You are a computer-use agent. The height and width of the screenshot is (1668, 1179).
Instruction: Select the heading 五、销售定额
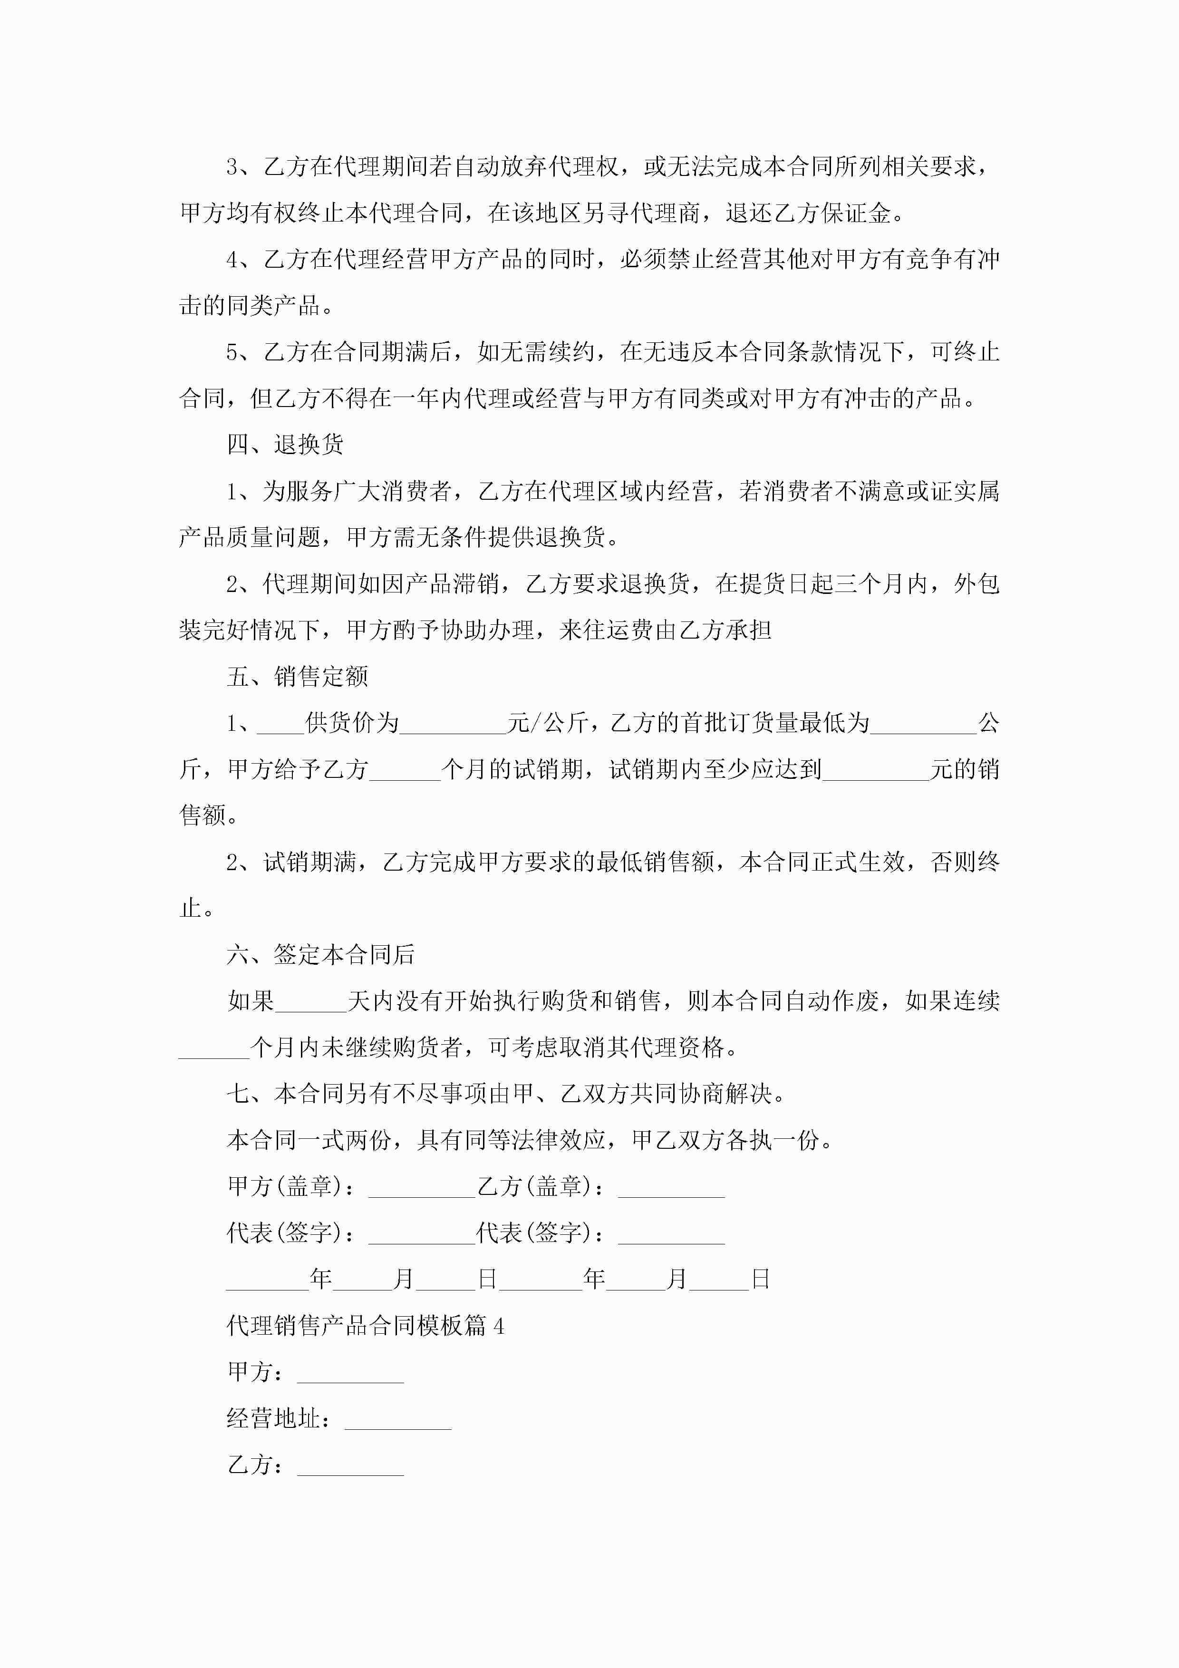click(x=297, y=677)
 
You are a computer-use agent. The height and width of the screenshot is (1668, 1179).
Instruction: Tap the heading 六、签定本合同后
click(x=320, y=955)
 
